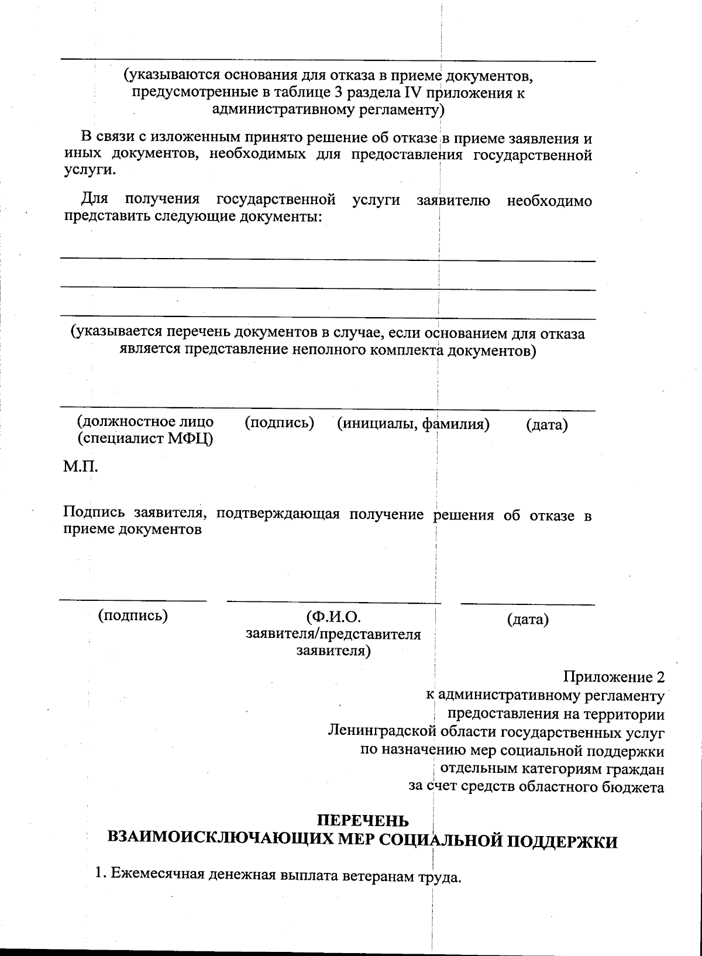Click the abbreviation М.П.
[x=80, y=467]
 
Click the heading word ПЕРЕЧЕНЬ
[x=363, y=822]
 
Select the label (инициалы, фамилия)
[x=413, y=424]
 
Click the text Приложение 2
[x=614, y=678]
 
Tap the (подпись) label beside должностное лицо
[x=279, y=422]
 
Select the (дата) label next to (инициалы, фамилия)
[x=547, y=425]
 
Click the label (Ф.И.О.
[x=333, y=618]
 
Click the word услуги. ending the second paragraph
[x=89, y=170]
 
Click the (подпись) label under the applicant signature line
[x=133, y=615]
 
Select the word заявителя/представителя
[x=333, y=634]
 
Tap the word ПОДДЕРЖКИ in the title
[x=560, y=842]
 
